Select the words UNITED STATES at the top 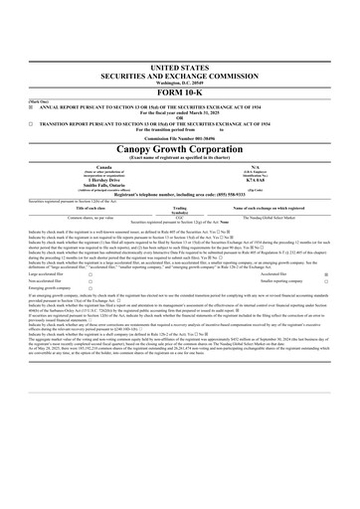[180, 64]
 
